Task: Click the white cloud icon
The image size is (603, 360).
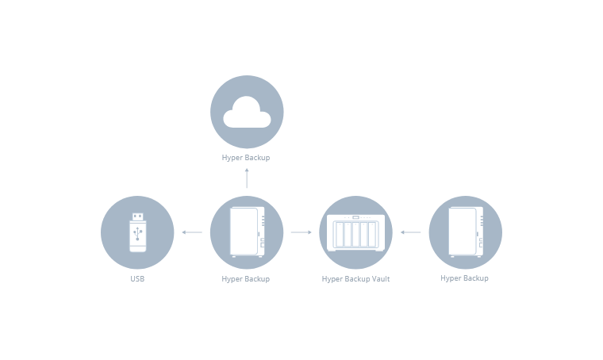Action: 246,113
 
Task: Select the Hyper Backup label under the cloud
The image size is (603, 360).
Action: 246,158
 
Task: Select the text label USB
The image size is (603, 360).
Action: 137,279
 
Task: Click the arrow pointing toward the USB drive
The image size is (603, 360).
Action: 191,232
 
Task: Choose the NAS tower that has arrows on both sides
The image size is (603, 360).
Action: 246,232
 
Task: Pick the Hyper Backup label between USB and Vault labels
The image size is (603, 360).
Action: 246,279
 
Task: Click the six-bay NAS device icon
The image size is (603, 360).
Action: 355,233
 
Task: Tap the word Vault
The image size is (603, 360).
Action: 380,279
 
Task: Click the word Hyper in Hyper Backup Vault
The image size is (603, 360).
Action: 331,279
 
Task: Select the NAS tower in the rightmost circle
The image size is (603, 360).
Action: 465,232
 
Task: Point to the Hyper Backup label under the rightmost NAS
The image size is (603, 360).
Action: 464,278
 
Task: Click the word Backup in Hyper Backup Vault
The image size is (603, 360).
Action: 356,279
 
